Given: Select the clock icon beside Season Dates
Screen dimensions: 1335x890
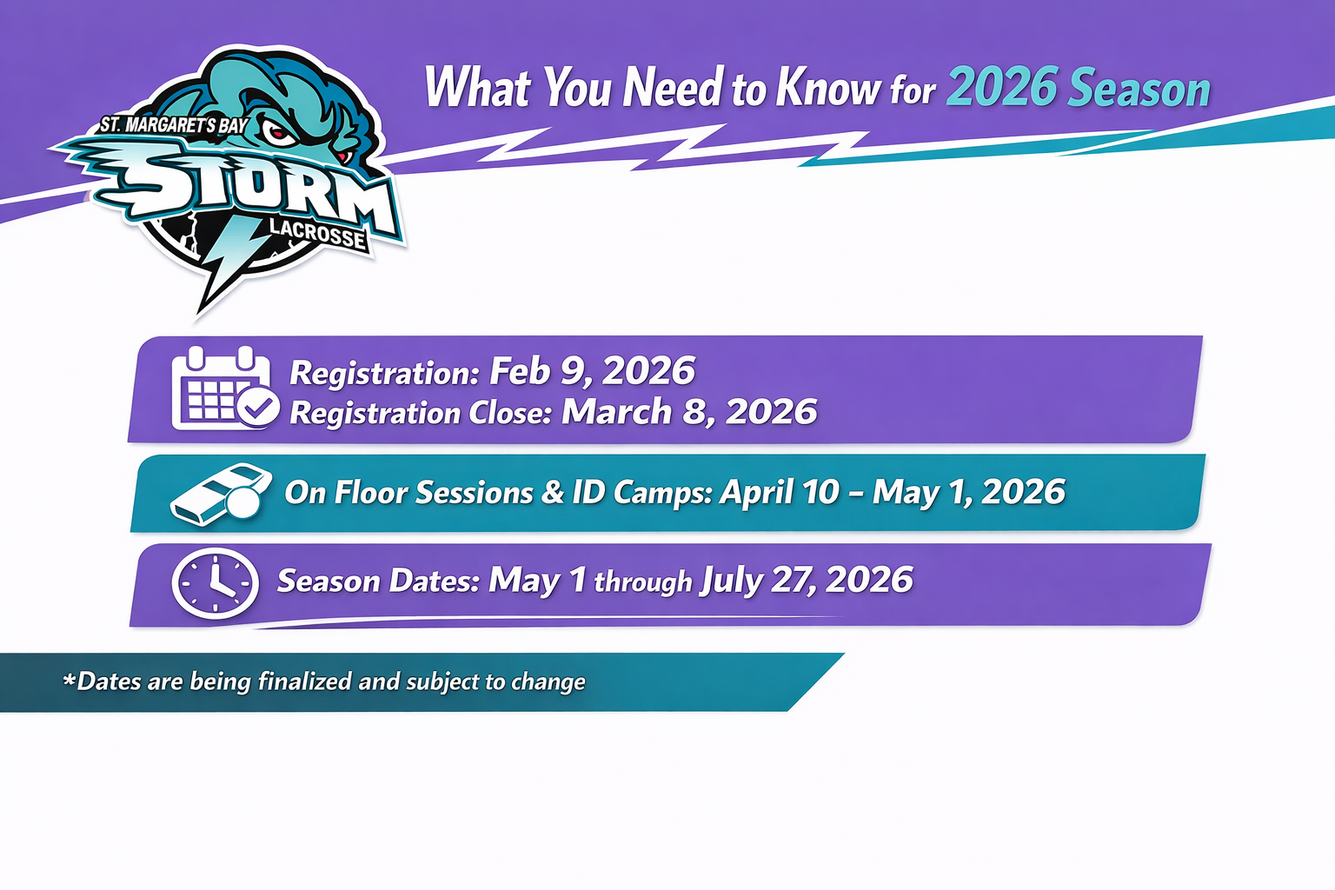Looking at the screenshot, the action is pyautogui.click(x=216, y=583).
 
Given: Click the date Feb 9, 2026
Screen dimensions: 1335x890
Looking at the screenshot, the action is pyautogui.click(x=593, y=372).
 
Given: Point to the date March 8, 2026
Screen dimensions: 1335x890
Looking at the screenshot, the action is pyautogui.click(x=689, y=412).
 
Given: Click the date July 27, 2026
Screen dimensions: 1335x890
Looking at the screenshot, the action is pyautogui.click(x=807, y=580).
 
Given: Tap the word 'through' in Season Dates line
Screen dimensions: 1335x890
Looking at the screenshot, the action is pyautogui.click(x=643, y=582).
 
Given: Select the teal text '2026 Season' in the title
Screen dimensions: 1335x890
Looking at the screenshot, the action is pyautogui.click(x=1079, y=88).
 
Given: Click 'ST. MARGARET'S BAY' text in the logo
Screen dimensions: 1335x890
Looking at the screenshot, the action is pyautogui.click(x=174, y=126).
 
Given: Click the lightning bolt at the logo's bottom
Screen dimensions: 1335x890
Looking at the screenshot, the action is pyautogui.click(x=229, y=262).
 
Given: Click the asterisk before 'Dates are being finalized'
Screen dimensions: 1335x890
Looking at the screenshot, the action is pyautogui.click(x=70, y=679).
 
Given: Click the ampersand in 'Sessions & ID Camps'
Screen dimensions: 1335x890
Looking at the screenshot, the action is pyautogui.click(x=553, y=493).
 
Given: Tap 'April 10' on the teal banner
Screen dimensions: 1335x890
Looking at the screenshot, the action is pyautogui.click(x=780, y=493).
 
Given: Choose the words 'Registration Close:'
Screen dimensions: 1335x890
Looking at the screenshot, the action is pyautogui.click(x=421, y=413).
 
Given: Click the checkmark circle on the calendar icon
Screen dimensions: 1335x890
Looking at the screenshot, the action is pyautogui.click(x=258, y=408).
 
